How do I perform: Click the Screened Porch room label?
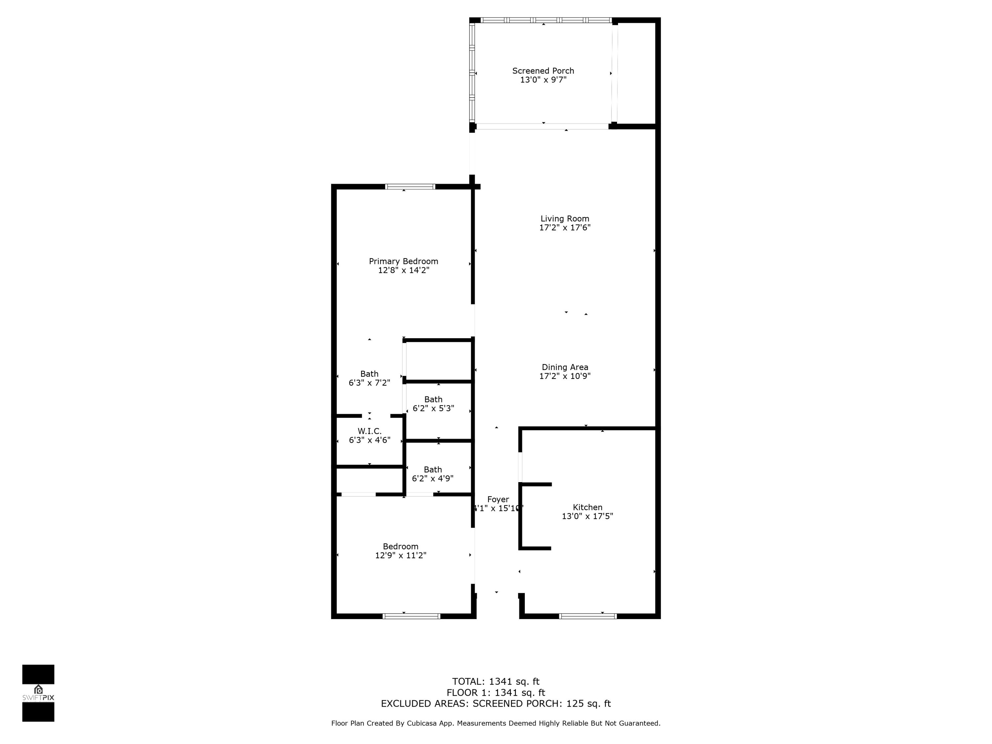click(543, 71)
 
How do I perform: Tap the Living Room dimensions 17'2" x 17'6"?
click(565, 228)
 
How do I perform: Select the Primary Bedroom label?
click(403, 262)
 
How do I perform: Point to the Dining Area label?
click(565, 367)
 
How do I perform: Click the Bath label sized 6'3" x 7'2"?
click(369, 374)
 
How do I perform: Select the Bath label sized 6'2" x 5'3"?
click(433, 399)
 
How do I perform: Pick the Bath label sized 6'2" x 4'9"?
click(433, 470)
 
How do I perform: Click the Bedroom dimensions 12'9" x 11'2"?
click(400, 556)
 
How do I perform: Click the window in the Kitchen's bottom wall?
click(588, 616)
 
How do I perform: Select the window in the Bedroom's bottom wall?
click(411, 616)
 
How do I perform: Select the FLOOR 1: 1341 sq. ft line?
click(496, 693)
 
